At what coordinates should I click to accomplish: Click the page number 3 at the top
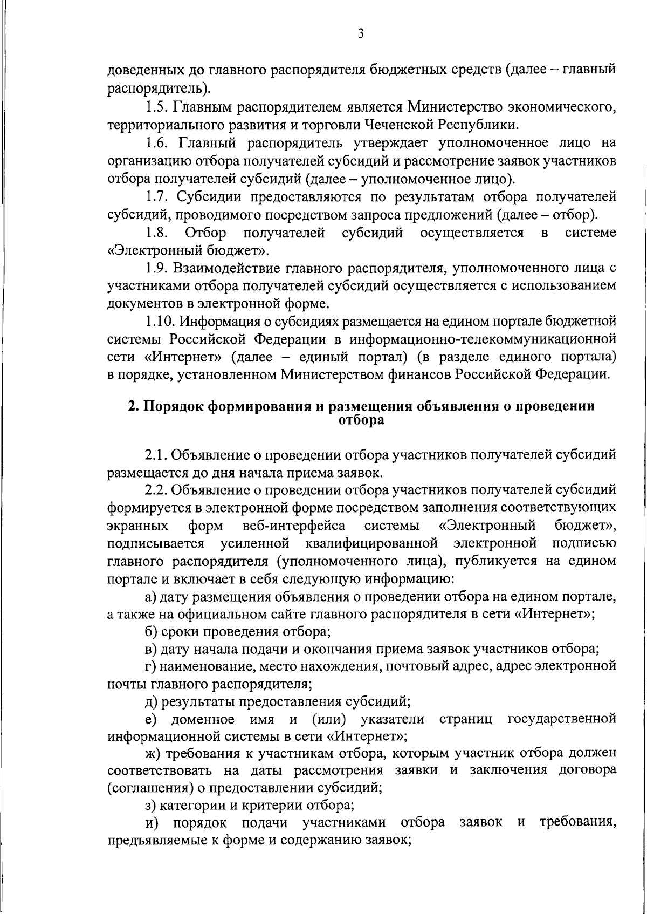point(361,34)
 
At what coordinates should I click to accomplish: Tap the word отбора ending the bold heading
point(361,420)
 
